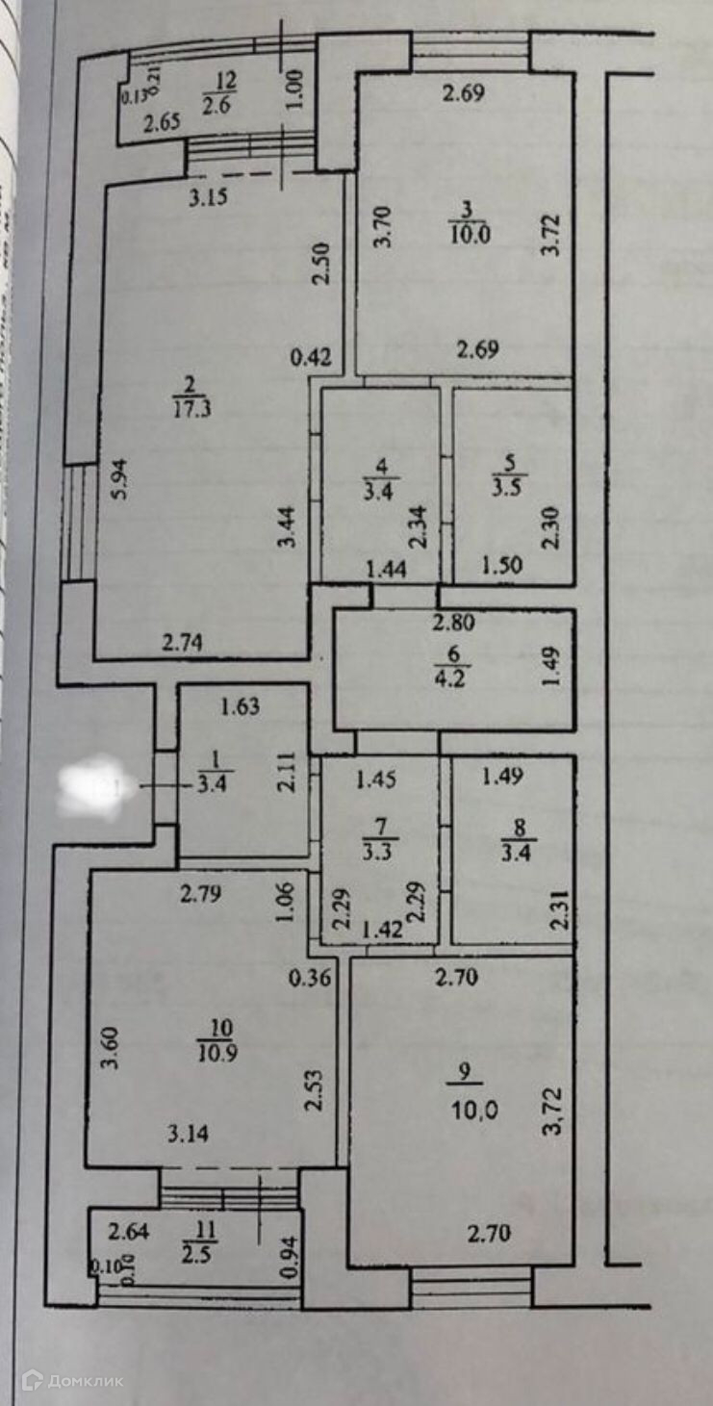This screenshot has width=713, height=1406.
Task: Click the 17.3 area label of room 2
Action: [194, 408]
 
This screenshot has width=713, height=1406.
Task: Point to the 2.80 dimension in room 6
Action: [452, 623]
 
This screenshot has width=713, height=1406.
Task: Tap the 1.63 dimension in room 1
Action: [240, 708]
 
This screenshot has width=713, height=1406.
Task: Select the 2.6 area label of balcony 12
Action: [215, 107]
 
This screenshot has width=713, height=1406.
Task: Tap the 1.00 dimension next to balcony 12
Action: [295, 89]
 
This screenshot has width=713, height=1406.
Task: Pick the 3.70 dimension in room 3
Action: [384, 227]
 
